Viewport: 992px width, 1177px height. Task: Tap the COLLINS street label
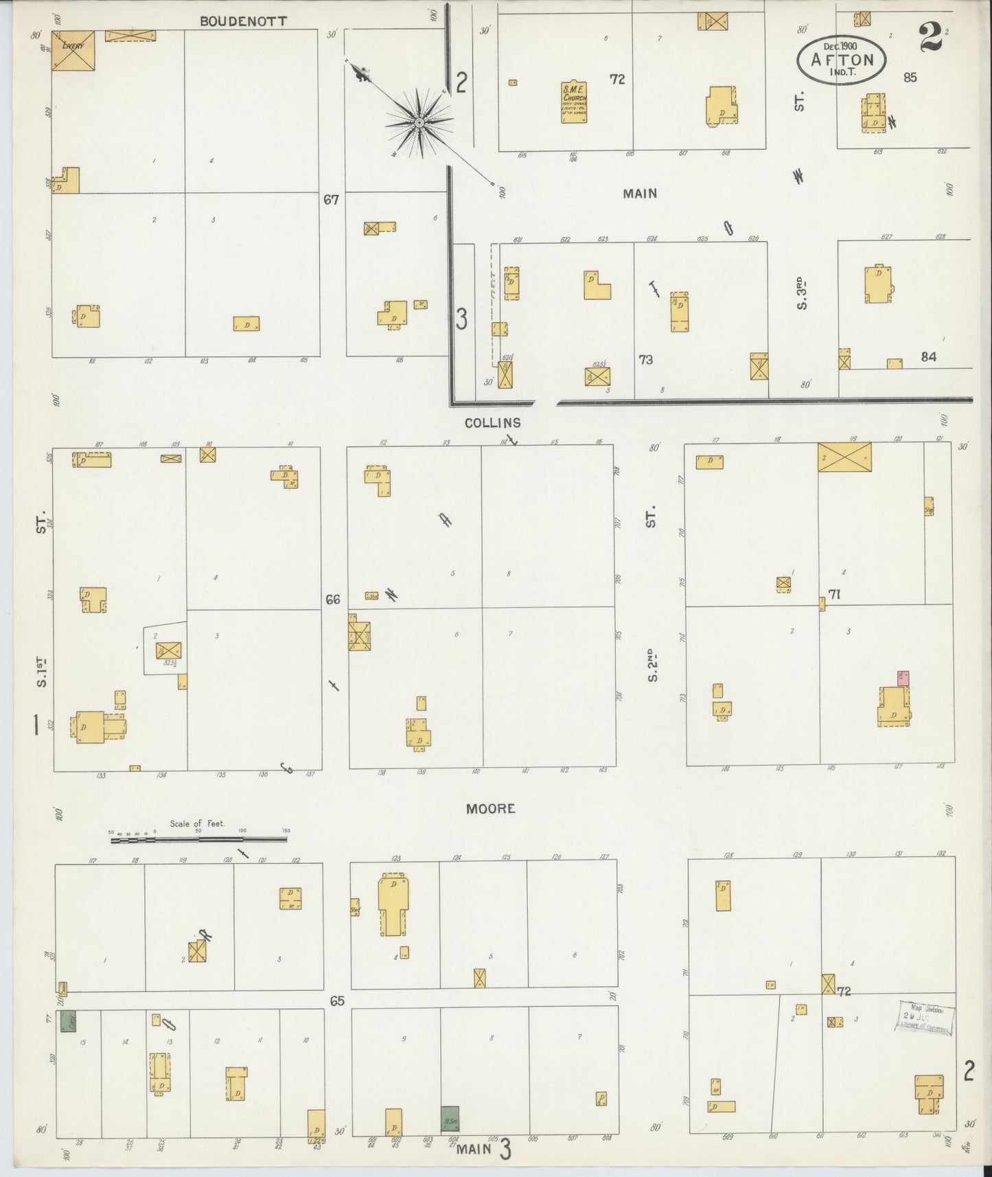(x=492, y=423)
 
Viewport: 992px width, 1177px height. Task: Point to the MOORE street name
(x=490, y=809)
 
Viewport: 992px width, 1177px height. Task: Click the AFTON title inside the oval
(x=842, y=60)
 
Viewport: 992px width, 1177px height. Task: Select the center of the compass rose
(x=417, y=122)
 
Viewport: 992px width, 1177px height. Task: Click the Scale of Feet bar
(x=198, y=838)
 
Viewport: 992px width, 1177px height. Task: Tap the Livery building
(x=72, y=49)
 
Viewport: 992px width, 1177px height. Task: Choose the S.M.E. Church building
(x=574, y=103)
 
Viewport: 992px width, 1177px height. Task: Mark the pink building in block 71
(x=902, y=678)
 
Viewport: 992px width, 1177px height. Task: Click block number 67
(x=332, y=200)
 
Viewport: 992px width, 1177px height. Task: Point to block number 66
(x=333, y=599)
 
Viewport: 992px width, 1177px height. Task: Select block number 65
(x=336, y=1001)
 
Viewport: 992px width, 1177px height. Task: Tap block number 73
(x=645, y=360)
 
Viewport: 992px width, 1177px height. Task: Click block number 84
(x=929, y=357)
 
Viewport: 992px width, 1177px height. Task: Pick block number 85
(x=910, y=78)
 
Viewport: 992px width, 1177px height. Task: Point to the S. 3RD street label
(x=801, y=293)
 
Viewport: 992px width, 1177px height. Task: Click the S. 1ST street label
(x=42, y=671)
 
